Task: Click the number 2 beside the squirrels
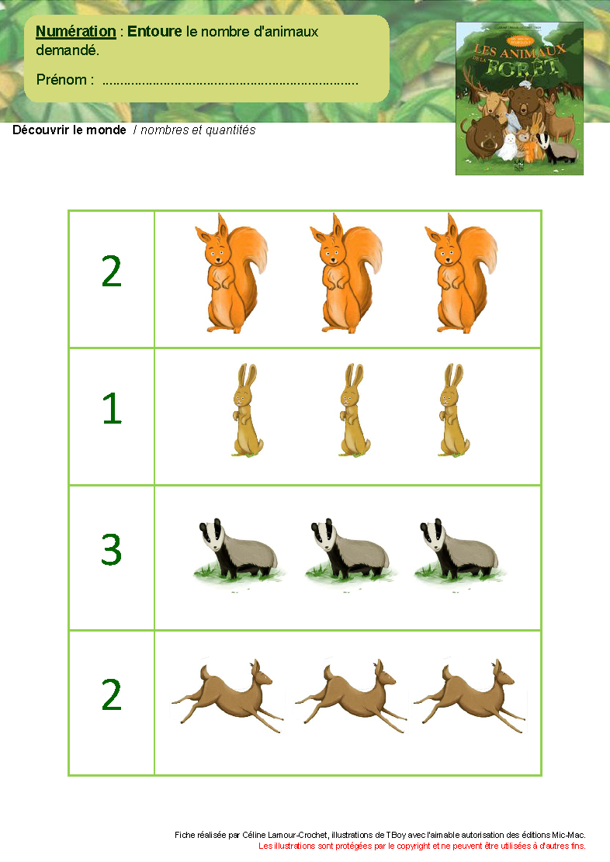point(112,272)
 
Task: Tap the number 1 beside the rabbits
point(112,409)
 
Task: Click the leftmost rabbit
point(246,411)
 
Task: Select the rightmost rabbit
point(451,411)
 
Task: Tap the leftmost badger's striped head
point(211,535)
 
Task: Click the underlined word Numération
point(76,32)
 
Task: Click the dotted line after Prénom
point(230,81)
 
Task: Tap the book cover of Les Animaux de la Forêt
point(519,98)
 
